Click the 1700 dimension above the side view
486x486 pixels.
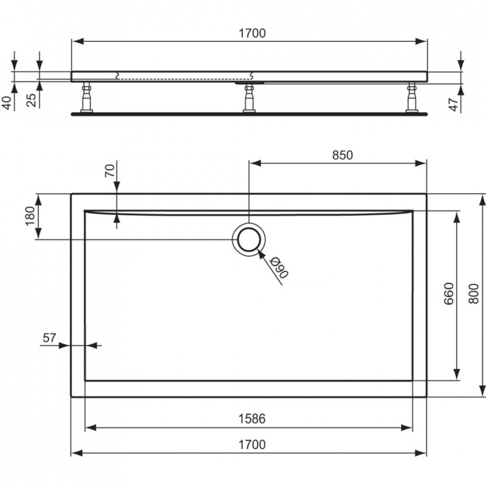point(252,33)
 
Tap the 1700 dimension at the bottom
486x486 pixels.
point(252,445)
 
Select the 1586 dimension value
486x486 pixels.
point(252,419)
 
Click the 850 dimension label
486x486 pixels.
point(343,155)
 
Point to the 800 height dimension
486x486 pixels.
point(474,293)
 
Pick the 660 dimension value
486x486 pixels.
point(449,293)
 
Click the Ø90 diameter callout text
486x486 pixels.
point(279,268)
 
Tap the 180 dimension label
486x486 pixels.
point(30,216)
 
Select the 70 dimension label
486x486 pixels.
point(110,171)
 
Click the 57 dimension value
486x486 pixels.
point(50,338)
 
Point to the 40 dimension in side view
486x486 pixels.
point(7,103)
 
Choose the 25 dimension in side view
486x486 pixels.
point(32,100)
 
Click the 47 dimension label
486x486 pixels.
point(453,104)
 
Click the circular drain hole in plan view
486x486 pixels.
point(248,239)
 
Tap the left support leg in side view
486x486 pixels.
point(86,97)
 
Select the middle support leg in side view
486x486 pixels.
point(249,98)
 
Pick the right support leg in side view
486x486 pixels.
point(412,97)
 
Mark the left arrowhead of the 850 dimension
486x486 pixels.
point(255,163)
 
